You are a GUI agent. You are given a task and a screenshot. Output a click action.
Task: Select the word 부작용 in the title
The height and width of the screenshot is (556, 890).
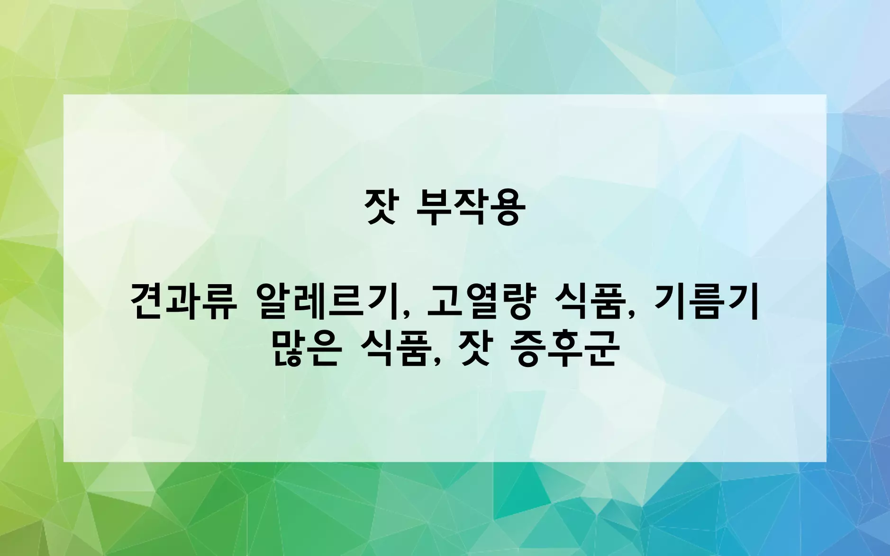click(x=470, y=207)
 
